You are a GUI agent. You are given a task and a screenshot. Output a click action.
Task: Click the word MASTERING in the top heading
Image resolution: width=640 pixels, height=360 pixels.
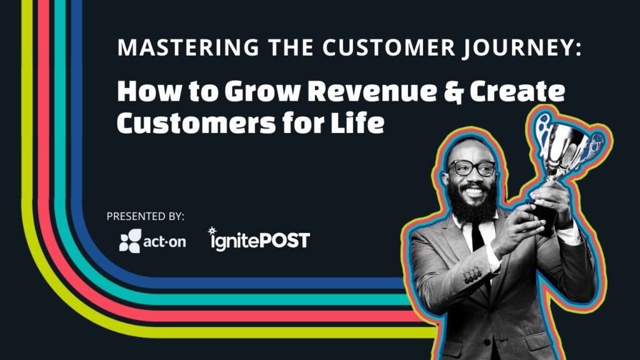click(x=164, y=48)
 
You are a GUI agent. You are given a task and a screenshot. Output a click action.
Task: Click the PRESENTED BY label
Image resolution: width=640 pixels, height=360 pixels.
click(x=145, y=216)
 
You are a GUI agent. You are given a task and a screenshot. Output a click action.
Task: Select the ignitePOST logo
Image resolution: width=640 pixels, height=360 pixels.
click(x=259, y=239)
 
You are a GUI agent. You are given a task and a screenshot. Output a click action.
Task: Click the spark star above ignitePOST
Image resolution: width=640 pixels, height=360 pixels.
click(x=212, y=230)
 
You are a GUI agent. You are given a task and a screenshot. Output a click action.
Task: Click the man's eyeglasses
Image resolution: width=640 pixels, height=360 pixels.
click(x=472, y=167)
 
